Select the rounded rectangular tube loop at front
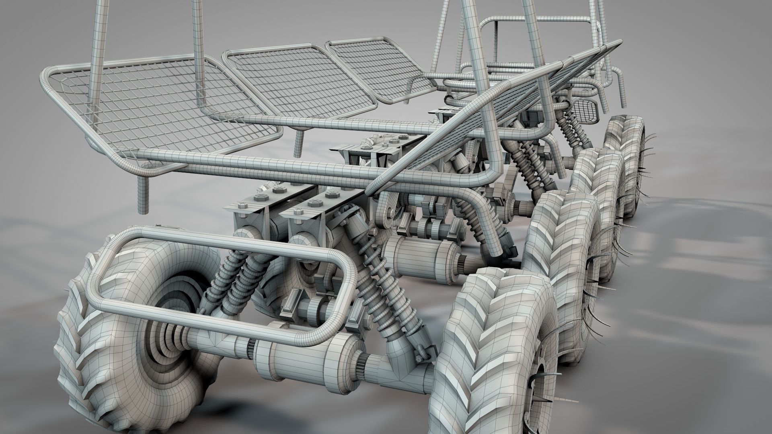pyautogui.click(x=221, y=289)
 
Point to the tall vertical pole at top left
pyautogui.click(x=96, y=48)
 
